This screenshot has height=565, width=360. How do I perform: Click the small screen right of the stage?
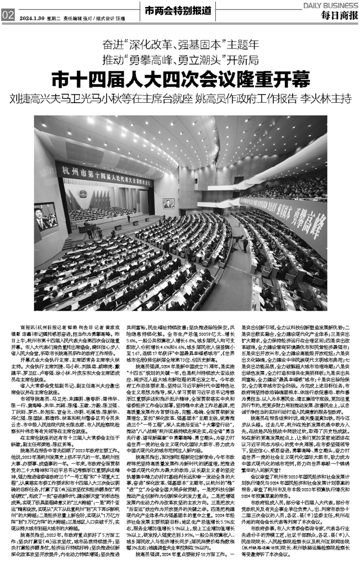pos(168,202)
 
